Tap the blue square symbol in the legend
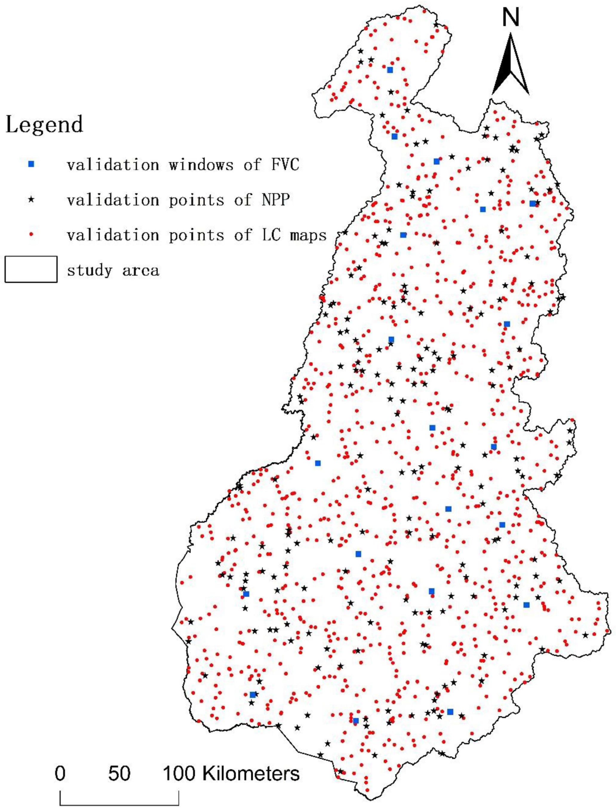pos(31,164)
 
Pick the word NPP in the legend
pos(276,199)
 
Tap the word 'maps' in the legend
pos(308,235)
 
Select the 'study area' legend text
pos(113,270)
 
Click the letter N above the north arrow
pos(511,18)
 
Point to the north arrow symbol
pos(510,66)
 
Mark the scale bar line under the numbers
pos(119,802)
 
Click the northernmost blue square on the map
pos(390,70)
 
